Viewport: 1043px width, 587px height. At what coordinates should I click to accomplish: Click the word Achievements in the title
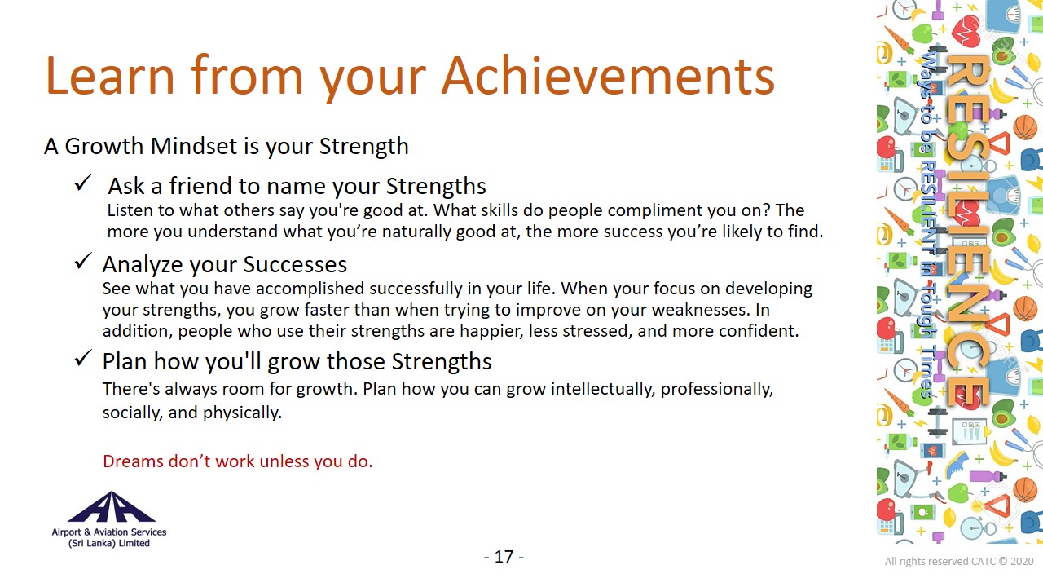pos(608,76)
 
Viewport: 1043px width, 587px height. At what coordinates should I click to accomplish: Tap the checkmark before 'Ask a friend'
pos(83,183)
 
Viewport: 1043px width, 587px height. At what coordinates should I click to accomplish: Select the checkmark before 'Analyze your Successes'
pos(83,261)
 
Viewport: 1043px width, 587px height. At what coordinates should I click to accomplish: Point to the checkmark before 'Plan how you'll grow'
pos(83,358)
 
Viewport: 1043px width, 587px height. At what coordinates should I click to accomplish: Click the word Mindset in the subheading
pos(194,146)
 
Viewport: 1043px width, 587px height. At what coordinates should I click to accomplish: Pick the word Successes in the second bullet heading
pos(295,265)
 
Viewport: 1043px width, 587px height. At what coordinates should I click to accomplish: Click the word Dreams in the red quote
pos(133,461)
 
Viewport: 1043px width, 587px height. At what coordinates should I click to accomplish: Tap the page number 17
pos(504,557)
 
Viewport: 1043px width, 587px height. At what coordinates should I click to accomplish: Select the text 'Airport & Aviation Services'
pos(109,532)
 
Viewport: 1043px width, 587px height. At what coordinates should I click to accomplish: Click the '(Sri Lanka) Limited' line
pos(109,543)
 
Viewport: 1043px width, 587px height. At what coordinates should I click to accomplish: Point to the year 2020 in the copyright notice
pos(1022,562)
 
